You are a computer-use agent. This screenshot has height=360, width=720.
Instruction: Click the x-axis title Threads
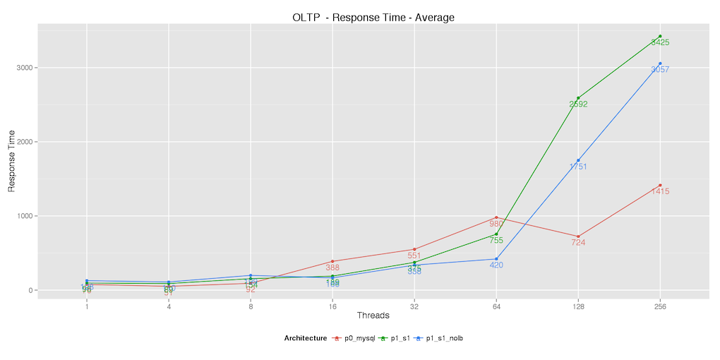tap(373, 315)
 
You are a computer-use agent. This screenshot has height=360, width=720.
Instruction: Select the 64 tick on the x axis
tap(496, 307)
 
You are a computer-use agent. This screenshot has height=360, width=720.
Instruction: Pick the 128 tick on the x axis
tap(578, 307)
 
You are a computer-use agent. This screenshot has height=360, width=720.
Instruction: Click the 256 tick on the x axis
tap(660, 307)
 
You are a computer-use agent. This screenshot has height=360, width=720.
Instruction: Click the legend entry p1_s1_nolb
tap(444, 338)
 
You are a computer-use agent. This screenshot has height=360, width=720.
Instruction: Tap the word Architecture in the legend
tap(306, 338)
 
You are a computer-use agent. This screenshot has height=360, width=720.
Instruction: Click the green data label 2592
tap(578, 104)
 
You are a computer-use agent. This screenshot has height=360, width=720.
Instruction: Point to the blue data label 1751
tap(578, 167)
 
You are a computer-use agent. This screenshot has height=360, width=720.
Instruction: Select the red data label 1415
tap(660, 191)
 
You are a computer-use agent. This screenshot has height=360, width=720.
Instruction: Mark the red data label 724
tap(578, 243)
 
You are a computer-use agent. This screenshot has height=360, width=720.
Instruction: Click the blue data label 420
tap(496, 265)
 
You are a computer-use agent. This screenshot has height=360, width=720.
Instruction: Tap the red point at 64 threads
tap(496, 217)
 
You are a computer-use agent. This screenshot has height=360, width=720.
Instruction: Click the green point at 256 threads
tap(660, 36)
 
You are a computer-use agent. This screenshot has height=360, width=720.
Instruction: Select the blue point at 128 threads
tap(578, 160)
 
